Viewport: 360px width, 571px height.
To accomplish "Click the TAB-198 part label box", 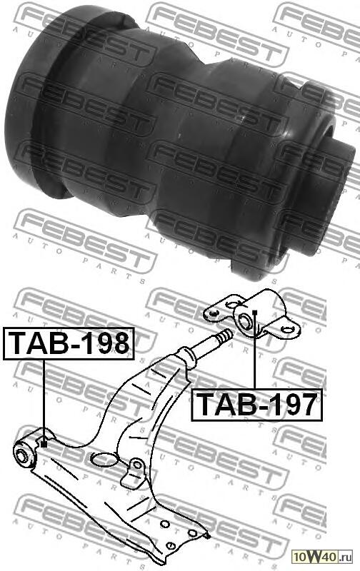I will click(69, 343).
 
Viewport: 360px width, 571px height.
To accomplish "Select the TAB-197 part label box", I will click(256, 404).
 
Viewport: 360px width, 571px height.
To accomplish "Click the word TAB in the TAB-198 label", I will click(36, 343).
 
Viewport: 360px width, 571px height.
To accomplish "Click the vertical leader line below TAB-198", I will click(44, 400).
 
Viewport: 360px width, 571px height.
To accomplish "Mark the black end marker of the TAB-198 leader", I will click(44, 444).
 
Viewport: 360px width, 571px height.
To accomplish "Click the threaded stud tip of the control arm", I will click(226, 335).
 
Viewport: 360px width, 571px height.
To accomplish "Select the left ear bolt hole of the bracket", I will click(211, 312).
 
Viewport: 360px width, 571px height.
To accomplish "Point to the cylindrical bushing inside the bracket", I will click(247, 319).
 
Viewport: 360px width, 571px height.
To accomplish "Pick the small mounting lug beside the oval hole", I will click(134, 472).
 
